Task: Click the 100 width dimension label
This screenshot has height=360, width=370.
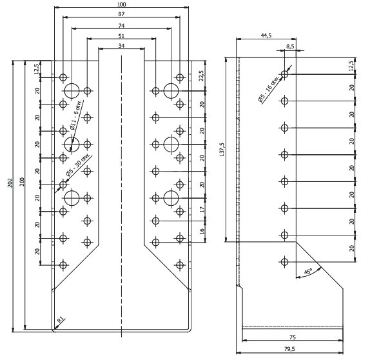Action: tap(122, 5)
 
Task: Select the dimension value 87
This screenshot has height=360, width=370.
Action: tap(121, 14)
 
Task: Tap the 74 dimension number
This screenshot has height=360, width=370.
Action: tap(121, 26)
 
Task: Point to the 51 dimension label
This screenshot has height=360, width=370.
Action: tap(121, 36)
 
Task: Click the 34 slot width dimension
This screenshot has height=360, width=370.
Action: tap(121, 46)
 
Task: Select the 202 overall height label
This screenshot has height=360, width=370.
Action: tap(10, 183)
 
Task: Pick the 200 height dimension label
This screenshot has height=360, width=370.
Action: tap(22, 182)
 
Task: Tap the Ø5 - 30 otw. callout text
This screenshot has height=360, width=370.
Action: tap(79, 165)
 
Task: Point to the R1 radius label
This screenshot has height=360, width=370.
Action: tap(61, 320)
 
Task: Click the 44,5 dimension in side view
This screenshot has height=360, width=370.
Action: tap(266, 35)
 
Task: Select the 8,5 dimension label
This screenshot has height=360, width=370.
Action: tap(290, 46)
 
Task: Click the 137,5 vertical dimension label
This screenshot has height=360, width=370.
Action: tap(222, 150)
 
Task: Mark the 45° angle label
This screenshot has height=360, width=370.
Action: tap(308, 271)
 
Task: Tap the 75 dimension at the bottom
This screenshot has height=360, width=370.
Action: tap(293, 337)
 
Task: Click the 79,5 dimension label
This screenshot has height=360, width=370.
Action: tap(289, 348)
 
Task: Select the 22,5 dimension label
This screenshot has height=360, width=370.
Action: tap(201, 75)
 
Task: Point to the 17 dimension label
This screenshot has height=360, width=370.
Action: tap(202, 209)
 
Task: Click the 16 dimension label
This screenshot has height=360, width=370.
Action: tap(202, 231)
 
